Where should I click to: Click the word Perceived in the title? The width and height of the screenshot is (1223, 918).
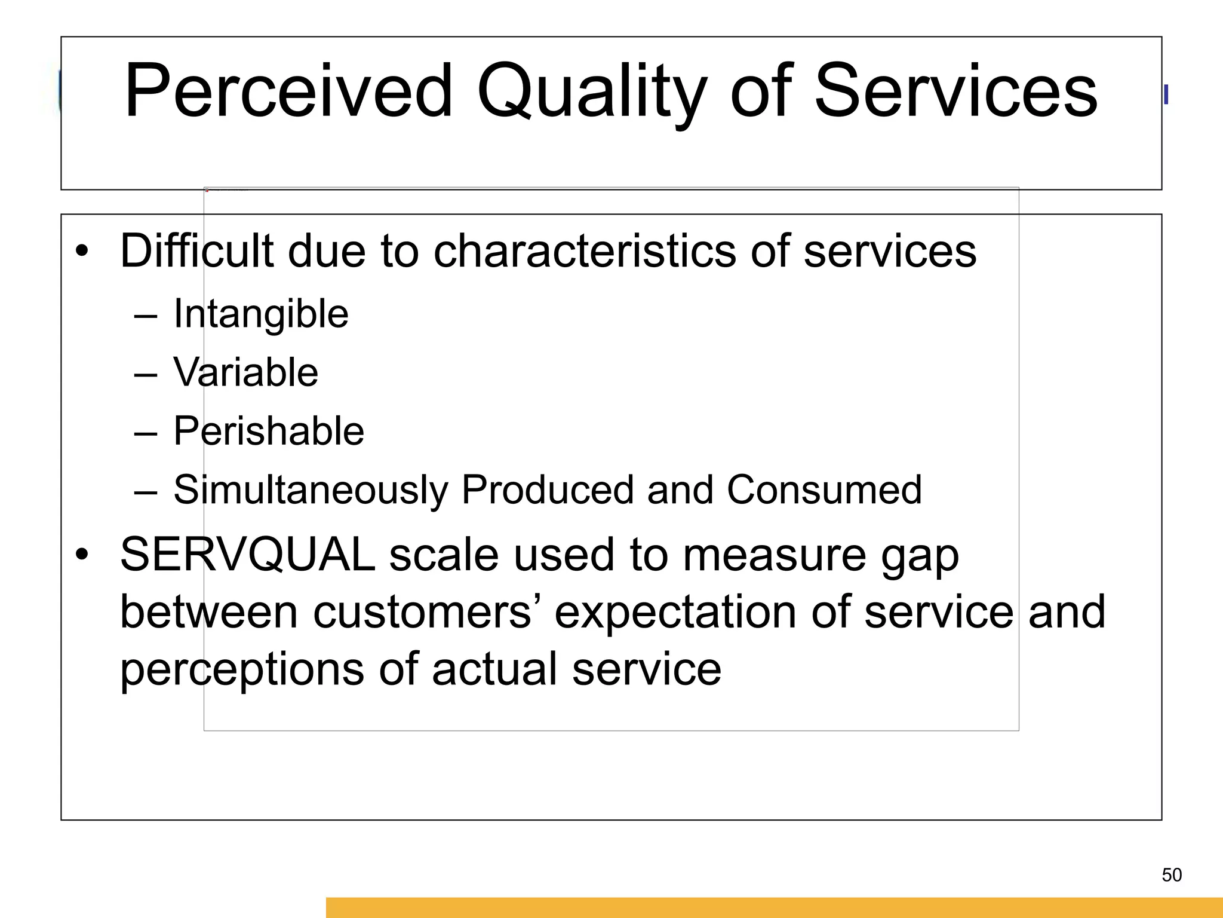(x=288, y=91)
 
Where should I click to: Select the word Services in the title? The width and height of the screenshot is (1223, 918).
(x=955, y=91)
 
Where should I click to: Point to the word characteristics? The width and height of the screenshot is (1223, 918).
(x=585, y=250)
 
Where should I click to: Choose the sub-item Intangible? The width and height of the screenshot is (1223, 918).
(x=260, y=314)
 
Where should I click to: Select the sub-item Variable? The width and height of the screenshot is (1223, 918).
(x=245, y=372)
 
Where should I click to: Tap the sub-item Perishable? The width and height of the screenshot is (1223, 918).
(x=268, y=431)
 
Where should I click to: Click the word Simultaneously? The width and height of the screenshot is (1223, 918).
(x=311, y=490)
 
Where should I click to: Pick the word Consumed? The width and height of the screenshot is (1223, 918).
(x=824, y=490)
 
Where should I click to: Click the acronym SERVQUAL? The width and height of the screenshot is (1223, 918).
(x=247, y=554)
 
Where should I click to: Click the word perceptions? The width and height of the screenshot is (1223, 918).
(x=242, y=670)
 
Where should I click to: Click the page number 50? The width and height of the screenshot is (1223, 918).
(x=1172, y=875)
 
